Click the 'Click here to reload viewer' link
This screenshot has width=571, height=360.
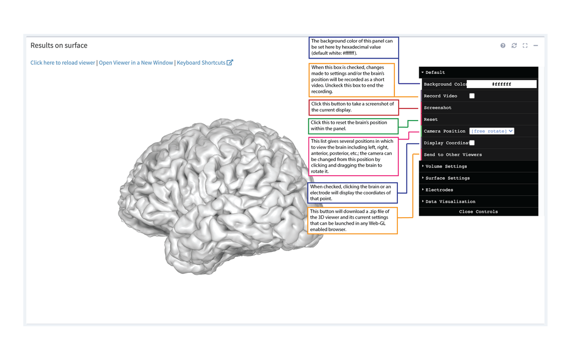(x=63, y=63)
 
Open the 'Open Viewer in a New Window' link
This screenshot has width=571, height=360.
(x=136, y=63)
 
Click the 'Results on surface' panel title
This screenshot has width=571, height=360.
(x=59, y=46)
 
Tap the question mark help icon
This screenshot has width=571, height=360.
(x=503, y=46)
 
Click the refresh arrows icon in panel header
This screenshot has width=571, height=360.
(x=514, y=46)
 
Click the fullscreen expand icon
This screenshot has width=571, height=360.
(x=525, y=46)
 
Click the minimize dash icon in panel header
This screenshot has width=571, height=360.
(x=536, y=46)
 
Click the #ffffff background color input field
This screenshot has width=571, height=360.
(x=502, y=84)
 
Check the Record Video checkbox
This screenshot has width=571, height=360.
(x=472, y=96)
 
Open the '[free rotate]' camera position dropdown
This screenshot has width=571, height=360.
(x=492, y=131)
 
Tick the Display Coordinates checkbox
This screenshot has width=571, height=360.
(x=472, y=143)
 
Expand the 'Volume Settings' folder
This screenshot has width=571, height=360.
(x=446, y=167)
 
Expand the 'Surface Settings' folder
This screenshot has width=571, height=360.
(x=447, y=178)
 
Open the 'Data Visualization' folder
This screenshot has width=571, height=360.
(x=450, y=202)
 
